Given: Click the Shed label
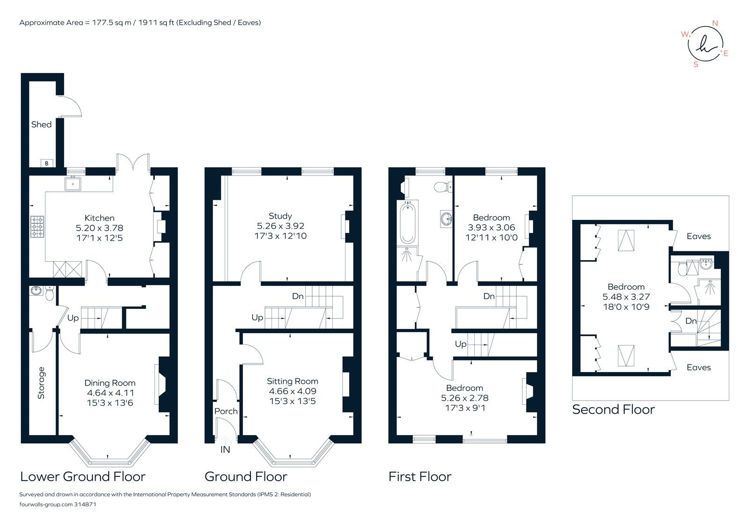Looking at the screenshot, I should (41, 124).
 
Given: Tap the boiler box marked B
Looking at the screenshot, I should (46, 163).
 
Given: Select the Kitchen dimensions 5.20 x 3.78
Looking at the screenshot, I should (99, 228).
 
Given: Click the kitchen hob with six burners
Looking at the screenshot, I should (37, 227).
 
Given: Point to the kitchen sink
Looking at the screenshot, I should (73, 184).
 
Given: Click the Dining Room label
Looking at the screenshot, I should (110, 383).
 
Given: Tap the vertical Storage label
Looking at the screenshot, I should (41, 382).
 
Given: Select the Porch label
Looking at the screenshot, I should (226, 411).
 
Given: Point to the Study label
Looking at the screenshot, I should (280, 216).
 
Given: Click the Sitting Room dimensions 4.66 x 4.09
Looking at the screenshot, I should (292, 391).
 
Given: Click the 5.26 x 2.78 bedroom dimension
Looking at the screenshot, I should (464, 398).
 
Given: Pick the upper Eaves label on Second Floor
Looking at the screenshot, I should (698, 236).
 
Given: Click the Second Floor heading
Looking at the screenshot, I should (613, 410).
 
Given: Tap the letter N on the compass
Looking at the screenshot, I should (715, 23).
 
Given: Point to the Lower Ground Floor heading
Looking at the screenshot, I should (83, 476).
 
